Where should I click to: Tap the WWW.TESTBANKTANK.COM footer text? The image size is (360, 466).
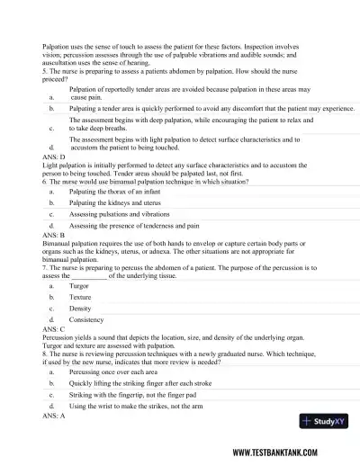click(285, 452)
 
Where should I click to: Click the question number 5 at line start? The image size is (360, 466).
click(44, 71)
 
